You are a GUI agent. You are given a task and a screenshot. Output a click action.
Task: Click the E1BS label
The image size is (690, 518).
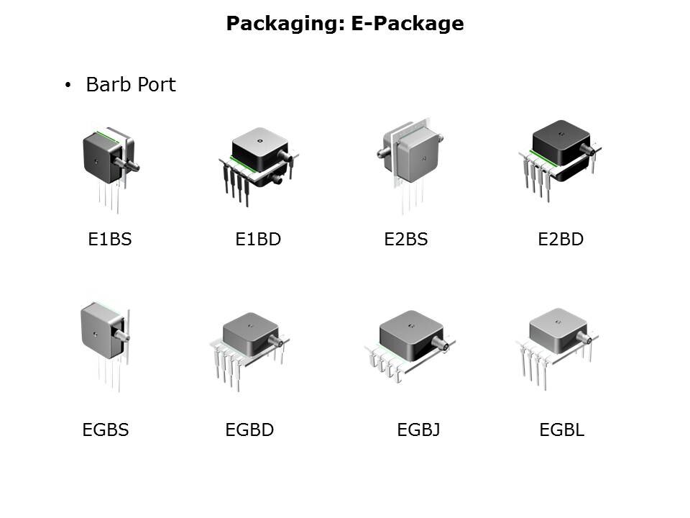(x=110, y=239)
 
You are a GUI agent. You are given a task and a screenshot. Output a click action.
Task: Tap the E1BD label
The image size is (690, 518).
(x=258, y=239)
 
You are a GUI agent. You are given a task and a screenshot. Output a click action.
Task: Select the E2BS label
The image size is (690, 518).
(x=405, y=239)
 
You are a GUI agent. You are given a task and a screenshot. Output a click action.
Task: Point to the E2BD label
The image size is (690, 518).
(x=561, y=239)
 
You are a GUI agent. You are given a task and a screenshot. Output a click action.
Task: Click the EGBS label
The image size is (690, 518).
(x=106, y=430)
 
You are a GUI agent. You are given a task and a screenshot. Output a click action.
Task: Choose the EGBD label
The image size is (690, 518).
(x=249, y=430)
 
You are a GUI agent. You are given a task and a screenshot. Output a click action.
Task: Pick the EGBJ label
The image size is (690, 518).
(x=418, y=430)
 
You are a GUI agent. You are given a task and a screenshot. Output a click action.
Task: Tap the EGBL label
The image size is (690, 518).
(x=562, y=430)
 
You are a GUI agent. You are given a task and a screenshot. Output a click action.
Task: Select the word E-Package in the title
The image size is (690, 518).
(x=408, y=24)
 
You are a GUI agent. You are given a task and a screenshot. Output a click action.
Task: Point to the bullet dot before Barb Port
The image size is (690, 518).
(x=68, y=85)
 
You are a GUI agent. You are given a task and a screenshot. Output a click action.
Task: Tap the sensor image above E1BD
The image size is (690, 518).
(x=259, y=166)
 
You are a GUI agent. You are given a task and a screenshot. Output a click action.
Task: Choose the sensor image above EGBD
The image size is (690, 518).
(x=249, y=351)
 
